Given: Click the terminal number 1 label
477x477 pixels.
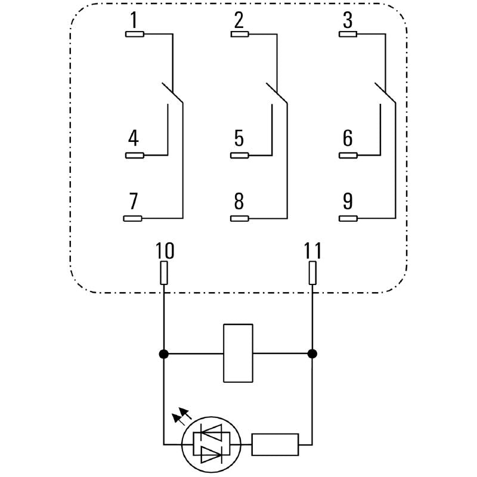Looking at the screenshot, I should (x=134, y=21).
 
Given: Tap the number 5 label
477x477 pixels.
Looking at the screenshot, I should (x=239, y=138).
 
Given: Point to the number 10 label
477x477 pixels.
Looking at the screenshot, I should (x=165, y=251).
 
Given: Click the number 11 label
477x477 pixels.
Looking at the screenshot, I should (x=312, y=251).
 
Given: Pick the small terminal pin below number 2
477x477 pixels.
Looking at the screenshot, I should (x=240, y=34).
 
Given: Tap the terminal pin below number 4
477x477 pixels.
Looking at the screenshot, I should (x=134, y=156).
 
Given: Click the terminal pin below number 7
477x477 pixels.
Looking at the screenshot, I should (x=132, y=218).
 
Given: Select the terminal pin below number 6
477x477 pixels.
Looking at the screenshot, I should (x=349, y=156).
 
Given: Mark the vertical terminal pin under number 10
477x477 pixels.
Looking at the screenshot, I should (x=164, y=274).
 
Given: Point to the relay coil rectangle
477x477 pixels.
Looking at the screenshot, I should (x=238, y=353).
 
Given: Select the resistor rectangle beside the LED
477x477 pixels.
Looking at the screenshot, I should (x=275, y=444).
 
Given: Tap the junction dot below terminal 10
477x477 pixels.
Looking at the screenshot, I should (x=164, y=354).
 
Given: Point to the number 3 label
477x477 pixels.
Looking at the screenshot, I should (x=348, y=21).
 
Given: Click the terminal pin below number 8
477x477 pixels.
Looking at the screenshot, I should (x=240, y=218).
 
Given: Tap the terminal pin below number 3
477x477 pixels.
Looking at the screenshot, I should (x=349, y=34).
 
